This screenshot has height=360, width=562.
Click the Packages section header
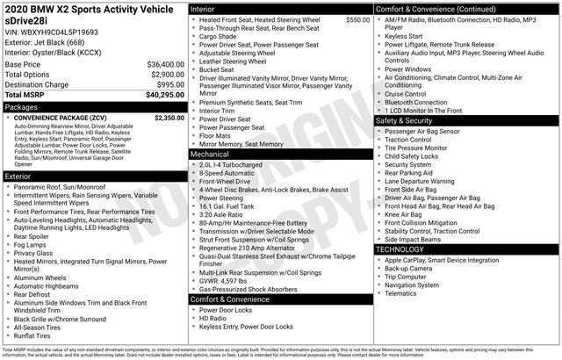22,106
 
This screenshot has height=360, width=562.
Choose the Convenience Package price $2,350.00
169,117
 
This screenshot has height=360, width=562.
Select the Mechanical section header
210,154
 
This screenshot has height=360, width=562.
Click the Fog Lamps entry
32,244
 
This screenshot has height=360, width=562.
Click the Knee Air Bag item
403,213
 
